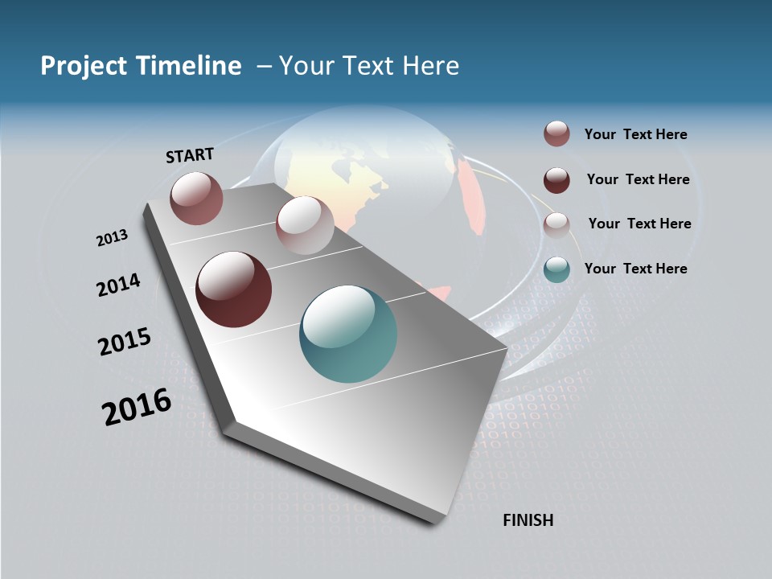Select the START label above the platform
click(190, 155)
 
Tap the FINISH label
click(528, 520)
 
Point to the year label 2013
click(112, 238)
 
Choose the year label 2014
click(118, 285)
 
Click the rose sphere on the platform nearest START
click(196, 198)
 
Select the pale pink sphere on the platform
click(305, 225)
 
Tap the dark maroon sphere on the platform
click(234, 289)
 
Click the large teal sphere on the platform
click(348, 334)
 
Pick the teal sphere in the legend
click(556, 269)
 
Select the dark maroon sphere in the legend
click(556, 180)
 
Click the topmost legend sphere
click(556, 134)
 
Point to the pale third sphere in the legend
click(556, 224)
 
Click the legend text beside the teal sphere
click(635, 269)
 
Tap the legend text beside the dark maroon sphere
click(638, 179)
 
